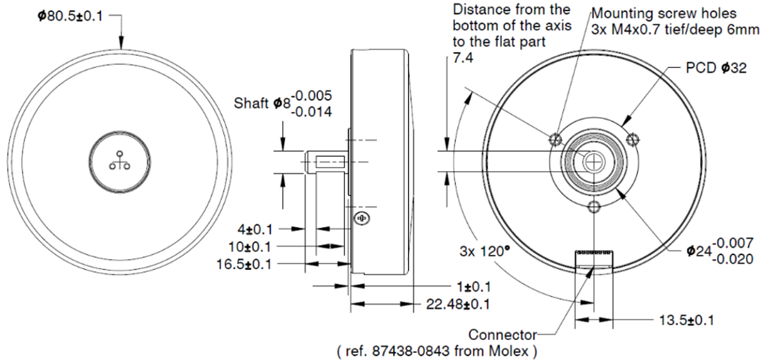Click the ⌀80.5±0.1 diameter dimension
70,16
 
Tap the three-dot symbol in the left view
120,161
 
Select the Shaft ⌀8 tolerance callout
283,104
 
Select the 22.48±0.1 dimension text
459,303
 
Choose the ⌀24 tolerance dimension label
719,249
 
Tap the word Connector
502,335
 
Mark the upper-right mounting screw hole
632,138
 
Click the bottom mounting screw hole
594,206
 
